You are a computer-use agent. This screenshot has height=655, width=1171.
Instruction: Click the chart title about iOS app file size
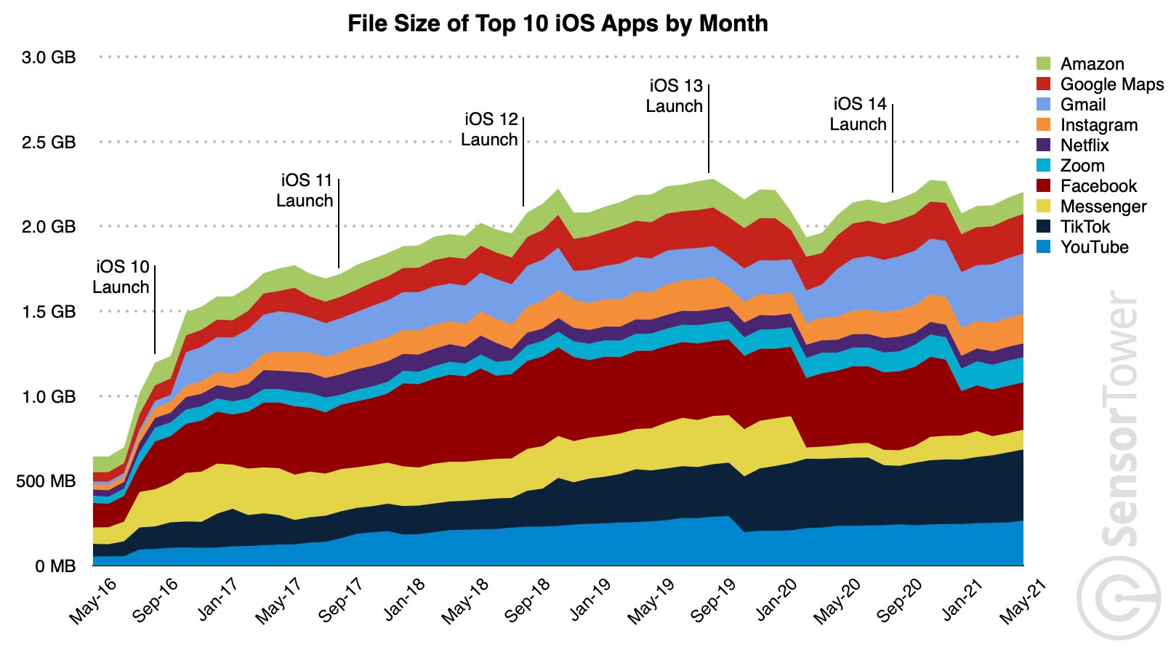558,23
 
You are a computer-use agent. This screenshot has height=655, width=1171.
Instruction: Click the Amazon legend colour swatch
1044,64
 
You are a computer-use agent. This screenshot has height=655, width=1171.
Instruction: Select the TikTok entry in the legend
1085,227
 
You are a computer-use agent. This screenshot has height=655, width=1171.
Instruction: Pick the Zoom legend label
1082,166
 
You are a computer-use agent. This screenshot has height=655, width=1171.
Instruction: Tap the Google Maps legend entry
1111,84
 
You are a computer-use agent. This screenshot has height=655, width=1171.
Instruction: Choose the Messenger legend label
1103,206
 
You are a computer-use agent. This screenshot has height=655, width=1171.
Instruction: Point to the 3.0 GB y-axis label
49,57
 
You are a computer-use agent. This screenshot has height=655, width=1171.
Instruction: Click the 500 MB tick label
46,481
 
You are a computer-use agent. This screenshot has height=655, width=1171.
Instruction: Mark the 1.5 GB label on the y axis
49,312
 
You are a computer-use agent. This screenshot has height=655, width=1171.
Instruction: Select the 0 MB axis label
55,566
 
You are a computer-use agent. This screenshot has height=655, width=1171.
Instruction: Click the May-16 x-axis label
93,600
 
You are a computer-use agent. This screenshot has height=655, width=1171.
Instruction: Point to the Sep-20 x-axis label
899,600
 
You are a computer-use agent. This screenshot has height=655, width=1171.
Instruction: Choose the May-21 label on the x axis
1022,600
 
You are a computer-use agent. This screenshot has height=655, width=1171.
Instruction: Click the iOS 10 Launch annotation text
121,277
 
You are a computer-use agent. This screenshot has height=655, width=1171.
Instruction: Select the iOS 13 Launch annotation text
675,96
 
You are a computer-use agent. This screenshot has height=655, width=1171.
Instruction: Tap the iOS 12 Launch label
490,129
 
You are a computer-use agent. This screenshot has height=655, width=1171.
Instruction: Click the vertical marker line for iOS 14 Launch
893,148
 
